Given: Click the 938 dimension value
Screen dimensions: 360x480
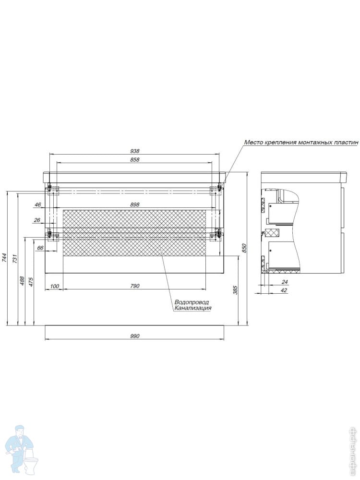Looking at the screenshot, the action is coord(135,151).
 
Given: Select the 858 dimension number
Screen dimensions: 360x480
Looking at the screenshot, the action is coord(135,159).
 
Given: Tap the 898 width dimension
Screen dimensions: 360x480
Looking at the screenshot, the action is coord(135,204).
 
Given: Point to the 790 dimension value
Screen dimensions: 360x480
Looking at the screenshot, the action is coord(135,286).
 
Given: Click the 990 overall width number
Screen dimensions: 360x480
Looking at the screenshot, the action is coord(135,336).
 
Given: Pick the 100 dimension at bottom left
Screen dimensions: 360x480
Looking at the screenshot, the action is coord(54,286).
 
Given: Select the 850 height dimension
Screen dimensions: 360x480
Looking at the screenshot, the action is coord(244,248).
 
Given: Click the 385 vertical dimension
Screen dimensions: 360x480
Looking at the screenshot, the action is coord(235,290).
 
